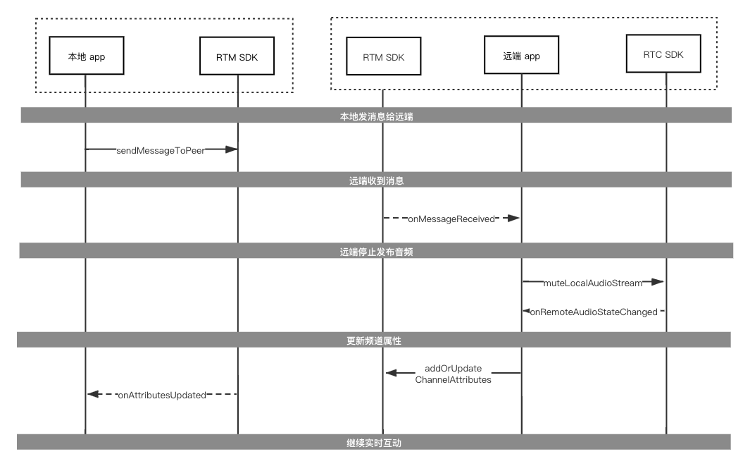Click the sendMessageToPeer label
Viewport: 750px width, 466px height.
161,150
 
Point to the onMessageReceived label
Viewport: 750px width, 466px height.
451,219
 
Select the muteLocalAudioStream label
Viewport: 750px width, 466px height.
593,283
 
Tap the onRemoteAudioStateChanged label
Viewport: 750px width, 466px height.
594,312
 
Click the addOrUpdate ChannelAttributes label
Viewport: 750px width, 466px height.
453,374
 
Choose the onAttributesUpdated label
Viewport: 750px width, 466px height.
162,395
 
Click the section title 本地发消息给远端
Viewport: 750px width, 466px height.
377,116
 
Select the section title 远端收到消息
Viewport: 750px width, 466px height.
377,180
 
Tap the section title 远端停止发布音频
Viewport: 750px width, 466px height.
377,252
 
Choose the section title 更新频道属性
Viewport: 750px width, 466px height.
374,341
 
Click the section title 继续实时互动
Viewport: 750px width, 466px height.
374,443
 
